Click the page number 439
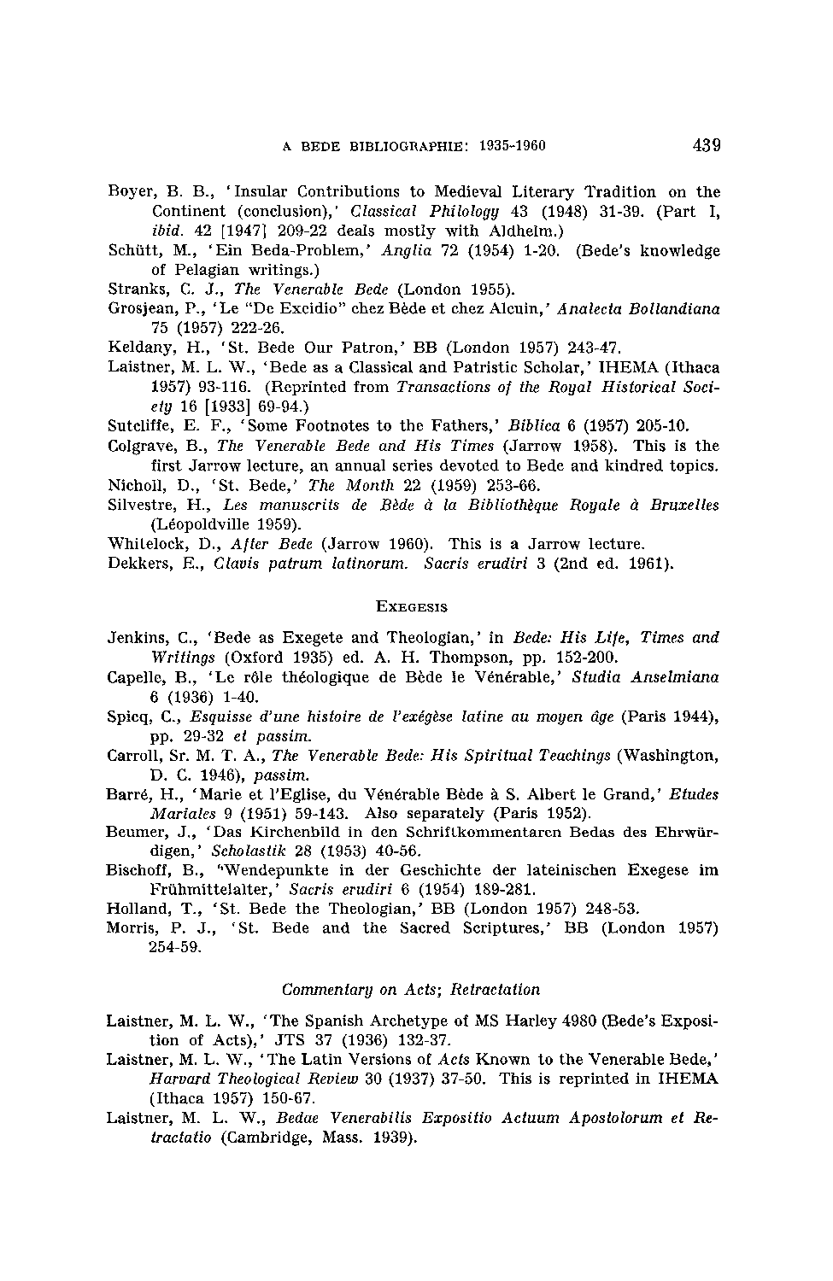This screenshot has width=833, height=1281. pos(707,144)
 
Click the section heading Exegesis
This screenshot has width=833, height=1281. pos(413,606)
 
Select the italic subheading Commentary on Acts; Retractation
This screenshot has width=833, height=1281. pos(411,990)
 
